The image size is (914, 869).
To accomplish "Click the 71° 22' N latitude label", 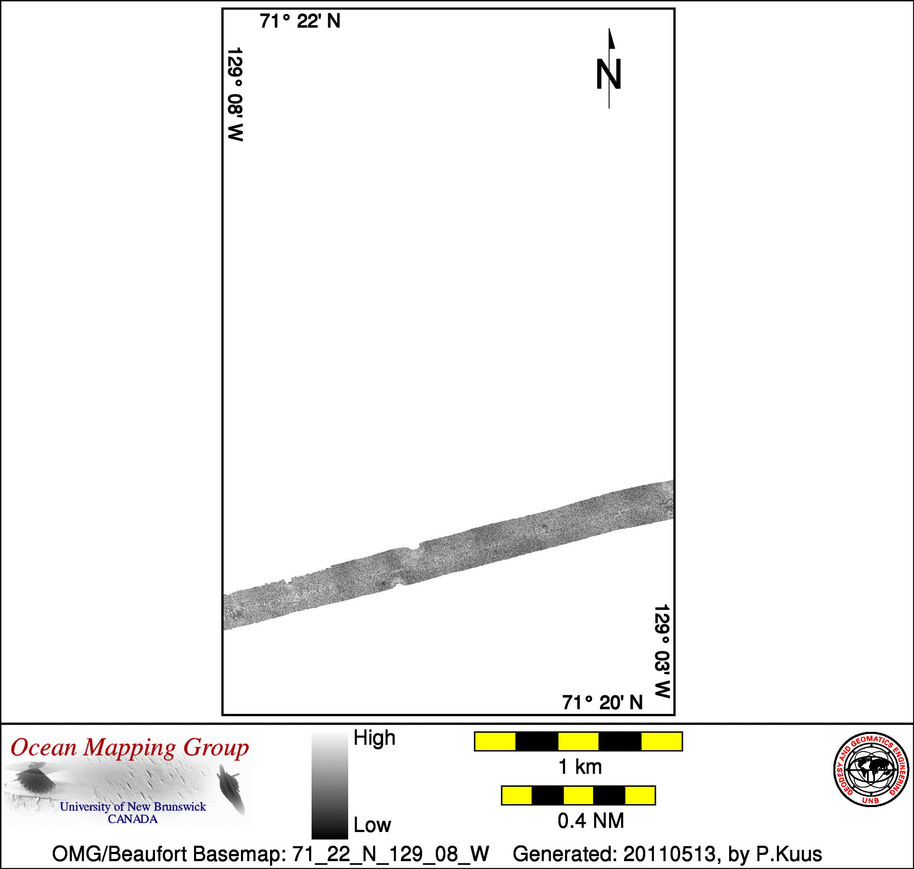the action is (x=300, y=21).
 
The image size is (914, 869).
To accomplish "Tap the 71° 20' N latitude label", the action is (x=602, y=703).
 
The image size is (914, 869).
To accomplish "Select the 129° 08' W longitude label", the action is (x=235, y=94).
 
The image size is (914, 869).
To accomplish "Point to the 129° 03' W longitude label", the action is (x=663, y=651).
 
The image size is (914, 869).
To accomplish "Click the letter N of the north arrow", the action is (x=608, y=74).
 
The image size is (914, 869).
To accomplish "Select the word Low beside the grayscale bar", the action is (x=372, y=825).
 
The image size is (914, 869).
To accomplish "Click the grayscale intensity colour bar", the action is (x=330, y=785).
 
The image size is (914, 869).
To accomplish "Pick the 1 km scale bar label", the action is (x=580, y=767).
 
